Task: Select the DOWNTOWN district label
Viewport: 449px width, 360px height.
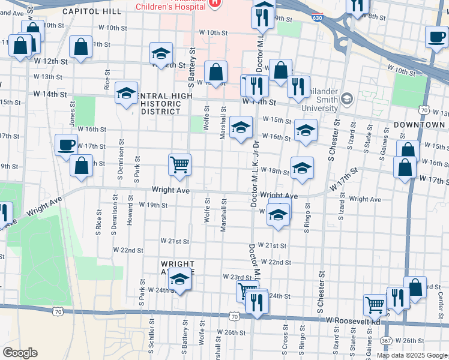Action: (420, 124)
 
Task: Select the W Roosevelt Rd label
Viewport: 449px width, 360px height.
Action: (353, 322)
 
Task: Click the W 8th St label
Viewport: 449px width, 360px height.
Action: (376, 17)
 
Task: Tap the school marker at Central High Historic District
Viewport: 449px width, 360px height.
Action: (126, 94)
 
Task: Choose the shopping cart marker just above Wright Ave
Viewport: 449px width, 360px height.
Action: (179, 164)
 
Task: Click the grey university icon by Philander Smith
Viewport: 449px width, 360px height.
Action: (348, 98)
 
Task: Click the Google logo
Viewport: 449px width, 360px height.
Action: (20, 353)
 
